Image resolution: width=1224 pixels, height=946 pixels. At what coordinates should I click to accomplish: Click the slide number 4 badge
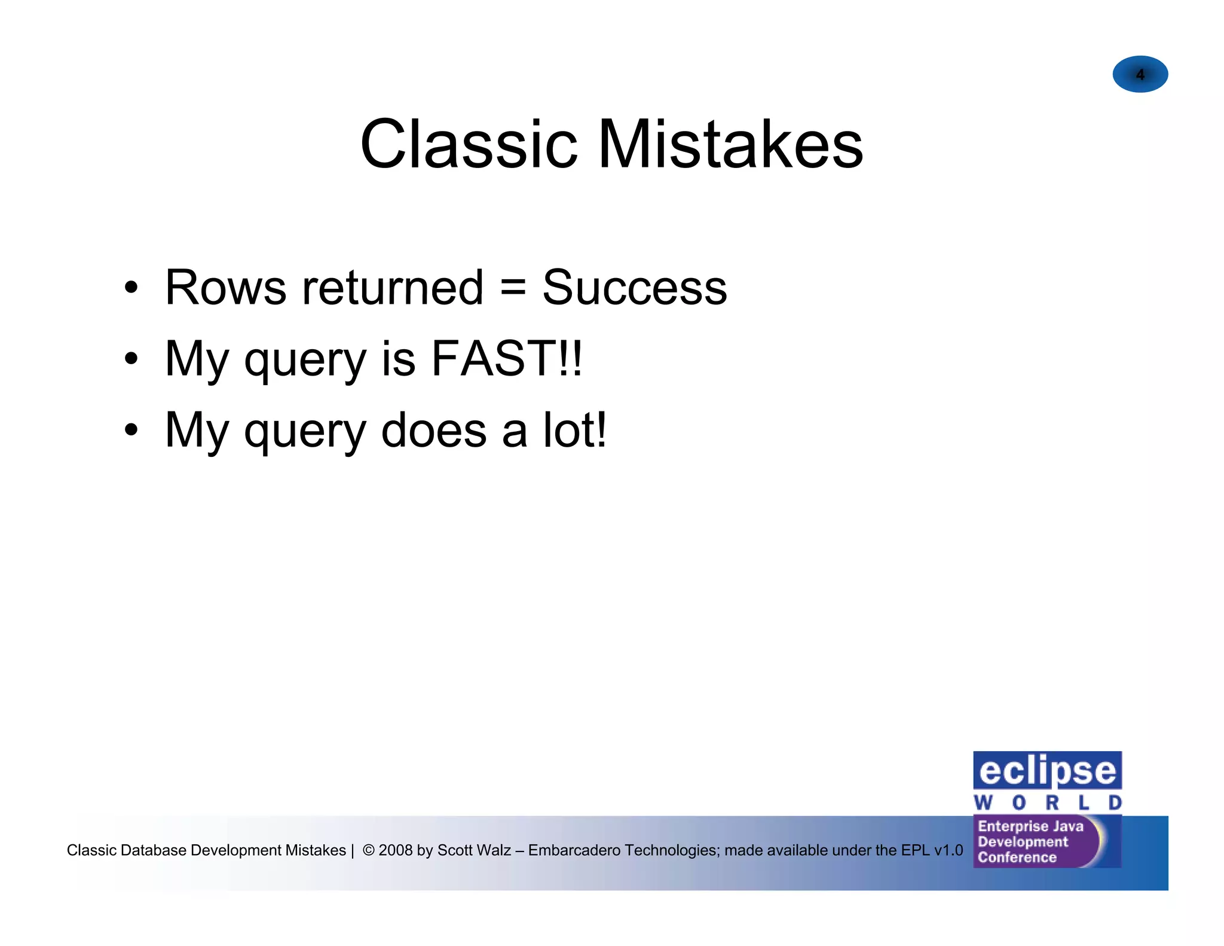click(x=1140, y=74)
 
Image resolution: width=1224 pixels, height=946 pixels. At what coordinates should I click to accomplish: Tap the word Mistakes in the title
click(x=730, y=145)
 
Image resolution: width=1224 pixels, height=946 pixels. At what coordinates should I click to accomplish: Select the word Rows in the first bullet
click(x=225, y=288)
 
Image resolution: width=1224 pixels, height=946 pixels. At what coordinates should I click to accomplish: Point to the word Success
click(x=634, y=288)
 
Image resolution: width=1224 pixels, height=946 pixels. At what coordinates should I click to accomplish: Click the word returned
click(x=393, y=288)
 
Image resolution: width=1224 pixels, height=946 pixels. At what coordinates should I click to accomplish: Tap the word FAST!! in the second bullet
click(x=506, y=359)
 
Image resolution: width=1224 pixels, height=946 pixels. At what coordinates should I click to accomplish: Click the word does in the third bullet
click(x=433, y=431)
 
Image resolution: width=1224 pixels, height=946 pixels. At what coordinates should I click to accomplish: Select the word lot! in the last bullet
click(x=574, y=431)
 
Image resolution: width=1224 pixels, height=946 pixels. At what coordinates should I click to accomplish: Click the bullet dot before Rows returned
click(x=131, y=288)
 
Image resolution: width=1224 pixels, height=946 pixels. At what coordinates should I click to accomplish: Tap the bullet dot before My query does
click(x=131, y=431)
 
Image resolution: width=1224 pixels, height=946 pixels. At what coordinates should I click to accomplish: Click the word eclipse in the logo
click(x=1047, y=771)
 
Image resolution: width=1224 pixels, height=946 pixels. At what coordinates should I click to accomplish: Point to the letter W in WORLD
click(x=983, y=802)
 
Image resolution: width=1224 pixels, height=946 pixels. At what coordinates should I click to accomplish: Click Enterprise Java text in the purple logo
click(x=1030, y=826)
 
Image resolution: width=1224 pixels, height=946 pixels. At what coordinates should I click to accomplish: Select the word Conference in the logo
click(x=1017, y=857)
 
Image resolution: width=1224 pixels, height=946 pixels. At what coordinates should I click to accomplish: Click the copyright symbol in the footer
click(x=369, y=850)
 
